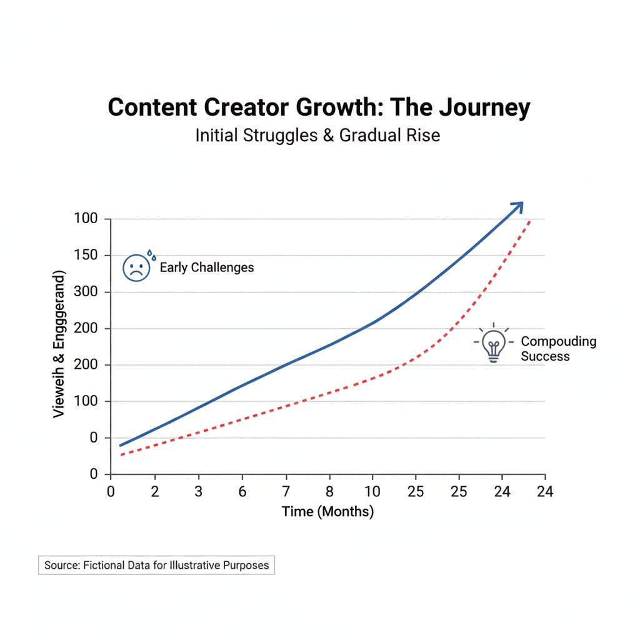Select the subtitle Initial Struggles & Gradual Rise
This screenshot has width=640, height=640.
(317, 135)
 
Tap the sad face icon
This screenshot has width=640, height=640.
(136, 267)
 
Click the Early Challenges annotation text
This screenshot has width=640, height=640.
(207, 267)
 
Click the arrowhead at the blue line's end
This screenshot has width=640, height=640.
(517, 207)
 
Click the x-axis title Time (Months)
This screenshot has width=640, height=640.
(327, 512)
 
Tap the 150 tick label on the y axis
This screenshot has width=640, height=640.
(86, 256)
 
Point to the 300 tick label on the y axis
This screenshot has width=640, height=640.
(86, 292)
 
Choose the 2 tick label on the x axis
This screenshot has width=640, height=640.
(155, 492)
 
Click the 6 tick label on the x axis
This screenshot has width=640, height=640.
(242, 492)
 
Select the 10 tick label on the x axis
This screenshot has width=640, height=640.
(372, 492)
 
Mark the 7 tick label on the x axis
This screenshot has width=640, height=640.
(286, 492)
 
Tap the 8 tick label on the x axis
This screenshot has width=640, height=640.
(329, 492)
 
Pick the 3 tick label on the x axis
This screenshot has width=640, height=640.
(199, 492)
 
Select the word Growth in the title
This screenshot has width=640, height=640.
(335, 108)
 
